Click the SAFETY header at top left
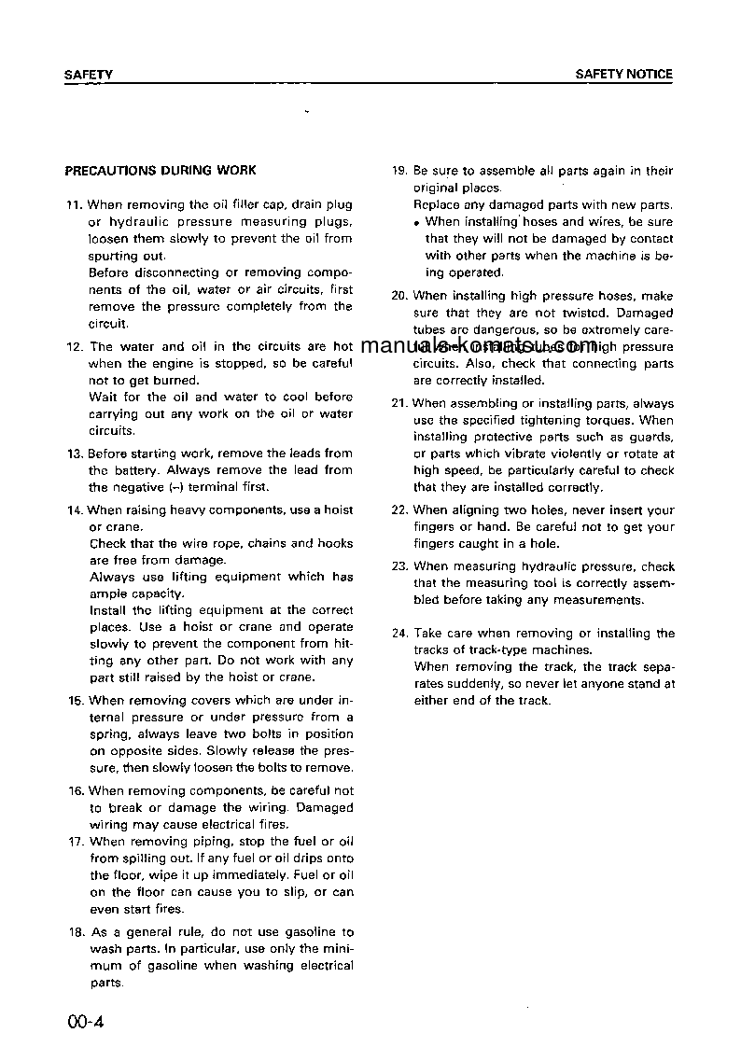tap(89, 75)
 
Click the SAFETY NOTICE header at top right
tap(623, 75)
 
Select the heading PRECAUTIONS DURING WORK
tap(160, 171)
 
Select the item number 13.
tap(75, 454)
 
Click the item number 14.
tap(75, 510)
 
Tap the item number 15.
tap(75, 701)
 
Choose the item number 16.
tap(76, 791)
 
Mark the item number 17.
tap(76, 842)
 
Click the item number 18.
tap(76, 932)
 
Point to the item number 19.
tap(399, 172)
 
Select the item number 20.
tap(399, 297)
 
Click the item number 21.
tap(398, 404)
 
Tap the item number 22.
tap(399, 511)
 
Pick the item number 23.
tap(399, 566)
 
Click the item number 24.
tap(399, 634)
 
